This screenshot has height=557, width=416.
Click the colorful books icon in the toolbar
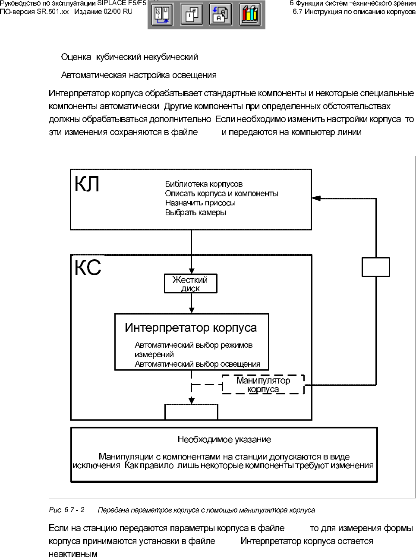(249, 15)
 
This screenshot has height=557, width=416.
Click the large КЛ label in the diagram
(87, 184)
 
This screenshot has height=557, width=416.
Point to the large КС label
(88, 267)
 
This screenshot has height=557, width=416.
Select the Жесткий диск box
(190, 284)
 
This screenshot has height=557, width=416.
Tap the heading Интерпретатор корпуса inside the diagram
(191, 327)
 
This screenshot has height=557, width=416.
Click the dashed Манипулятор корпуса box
(263, 384)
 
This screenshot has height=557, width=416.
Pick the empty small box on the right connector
(375, 267)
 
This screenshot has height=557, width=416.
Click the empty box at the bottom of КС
(191, 412)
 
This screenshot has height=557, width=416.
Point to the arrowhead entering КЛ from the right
(316, 198)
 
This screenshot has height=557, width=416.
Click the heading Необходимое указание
(224, 440)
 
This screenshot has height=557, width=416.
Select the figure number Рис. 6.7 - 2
(66, 510)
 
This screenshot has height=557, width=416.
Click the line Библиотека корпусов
(204, 184)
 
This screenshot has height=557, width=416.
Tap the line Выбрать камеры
(195, 212)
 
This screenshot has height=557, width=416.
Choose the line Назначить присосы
(200, 203)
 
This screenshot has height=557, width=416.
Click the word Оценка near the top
(76, 57)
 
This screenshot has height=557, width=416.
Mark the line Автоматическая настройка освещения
(139, 75)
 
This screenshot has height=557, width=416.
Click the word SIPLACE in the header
(112, 3)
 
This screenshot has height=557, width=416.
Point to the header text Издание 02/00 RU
(103, 12)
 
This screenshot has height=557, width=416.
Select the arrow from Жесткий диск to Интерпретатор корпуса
(192, 304)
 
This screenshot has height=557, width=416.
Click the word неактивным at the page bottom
(73, 554)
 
